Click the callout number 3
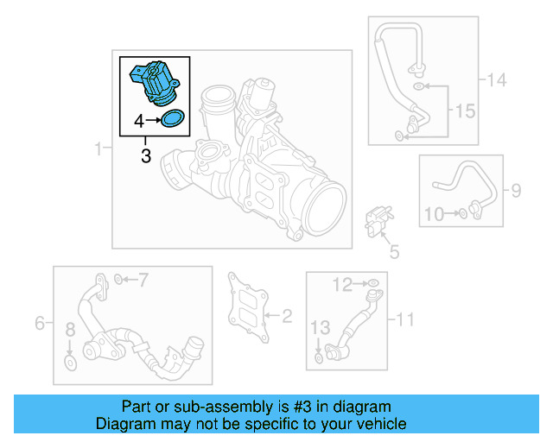145,156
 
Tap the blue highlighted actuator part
154,83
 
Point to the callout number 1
99,150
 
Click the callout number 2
288,317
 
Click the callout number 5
394,251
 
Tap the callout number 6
39,324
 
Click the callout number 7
143,279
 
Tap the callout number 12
344,283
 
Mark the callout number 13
320,326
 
